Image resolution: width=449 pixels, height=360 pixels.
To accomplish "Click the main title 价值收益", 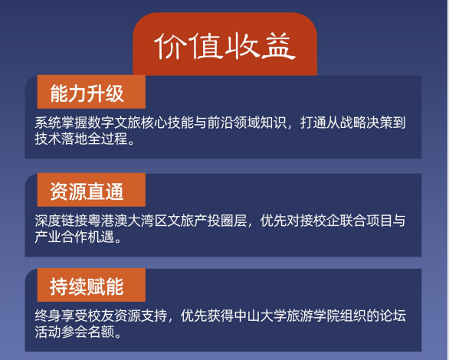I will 225,47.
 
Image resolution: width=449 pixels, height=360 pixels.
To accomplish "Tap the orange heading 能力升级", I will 86,94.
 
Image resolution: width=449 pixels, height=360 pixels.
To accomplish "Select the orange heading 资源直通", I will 86,190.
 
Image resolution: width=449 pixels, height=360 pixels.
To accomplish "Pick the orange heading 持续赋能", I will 86,286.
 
